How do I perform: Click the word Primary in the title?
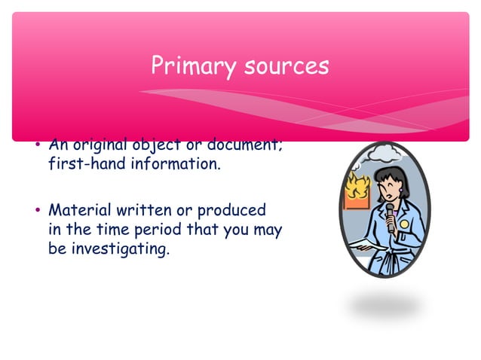click(x=194, y=66)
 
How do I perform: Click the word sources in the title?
click(x=286, y=66)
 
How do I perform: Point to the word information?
click(x=176, y=163)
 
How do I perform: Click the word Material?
click(x=80, y=210)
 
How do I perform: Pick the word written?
click(x=144, y=210)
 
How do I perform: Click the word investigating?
click(x=121, y=249)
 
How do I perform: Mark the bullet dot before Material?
click(x=38, y=210)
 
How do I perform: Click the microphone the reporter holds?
click(x=391, y=218)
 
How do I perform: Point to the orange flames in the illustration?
click(x=357, y=186)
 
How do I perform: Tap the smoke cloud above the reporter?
click(x=384, y=153)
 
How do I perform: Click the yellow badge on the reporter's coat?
click(x=404, y=224)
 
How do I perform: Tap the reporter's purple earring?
click(x=400, y=191)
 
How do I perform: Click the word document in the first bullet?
click(x=242, y=145)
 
